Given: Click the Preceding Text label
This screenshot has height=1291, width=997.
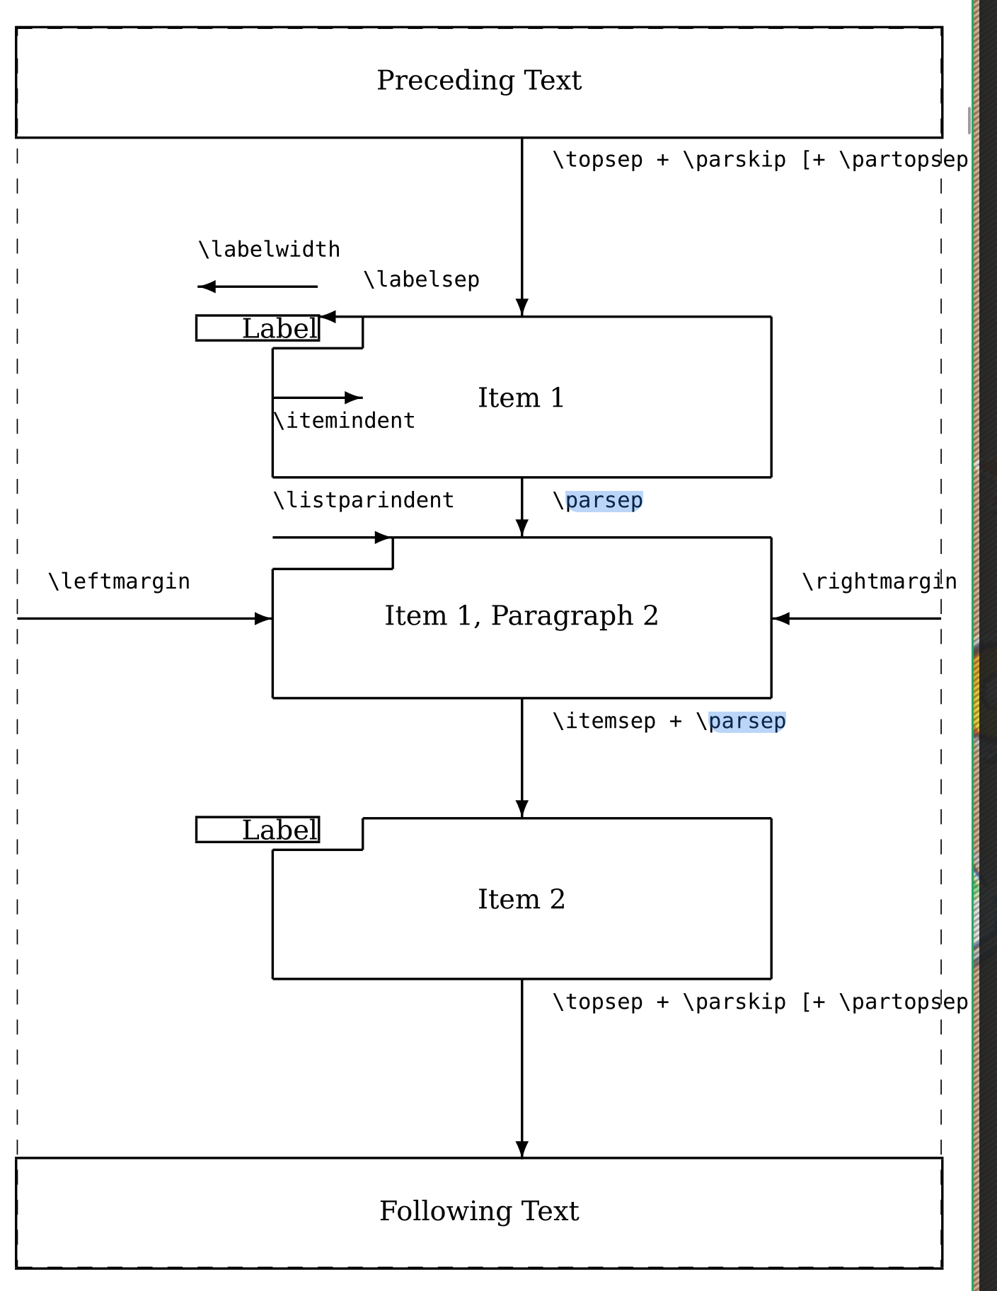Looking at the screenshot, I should tap(479, 81).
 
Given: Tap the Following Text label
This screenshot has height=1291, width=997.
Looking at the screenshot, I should tap(479, 1211).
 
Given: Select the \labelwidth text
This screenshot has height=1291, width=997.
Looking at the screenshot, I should tap(269, 250).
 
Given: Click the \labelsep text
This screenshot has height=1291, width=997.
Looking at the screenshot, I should tap(421, 279).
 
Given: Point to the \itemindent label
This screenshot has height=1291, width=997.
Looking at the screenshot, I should tap(344, 421).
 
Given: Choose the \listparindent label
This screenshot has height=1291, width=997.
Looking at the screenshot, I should tap(363, 500).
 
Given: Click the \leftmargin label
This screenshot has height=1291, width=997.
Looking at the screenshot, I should tap(119, 581).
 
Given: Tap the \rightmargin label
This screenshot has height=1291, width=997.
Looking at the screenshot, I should tap(879, 581).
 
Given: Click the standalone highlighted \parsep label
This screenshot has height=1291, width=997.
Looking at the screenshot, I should tap(598, 501).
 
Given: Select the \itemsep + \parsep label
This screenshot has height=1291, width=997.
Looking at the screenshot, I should tap(669, 722).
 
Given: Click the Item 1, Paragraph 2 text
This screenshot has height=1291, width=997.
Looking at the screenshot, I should tap(521, 615).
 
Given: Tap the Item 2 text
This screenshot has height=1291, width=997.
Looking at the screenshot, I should tap(521, 899).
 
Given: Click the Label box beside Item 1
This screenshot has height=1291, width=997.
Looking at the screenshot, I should tap(258, 328).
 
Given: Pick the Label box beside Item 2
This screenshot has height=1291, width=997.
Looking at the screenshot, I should tap(258, 830).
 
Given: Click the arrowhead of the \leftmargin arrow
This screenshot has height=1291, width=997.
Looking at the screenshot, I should tap(264, 619).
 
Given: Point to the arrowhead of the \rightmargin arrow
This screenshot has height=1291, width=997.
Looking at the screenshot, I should tap(780, 619).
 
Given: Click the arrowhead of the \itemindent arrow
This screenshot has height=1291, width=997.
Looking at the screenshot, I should tap(353, 398).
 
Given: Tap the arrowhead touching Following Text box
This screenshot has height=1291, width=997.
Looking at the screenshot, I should tap(522, 1149).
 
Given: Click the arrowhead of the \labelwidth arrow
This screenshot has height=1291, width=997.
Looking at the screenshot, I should tap(207, 286).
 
